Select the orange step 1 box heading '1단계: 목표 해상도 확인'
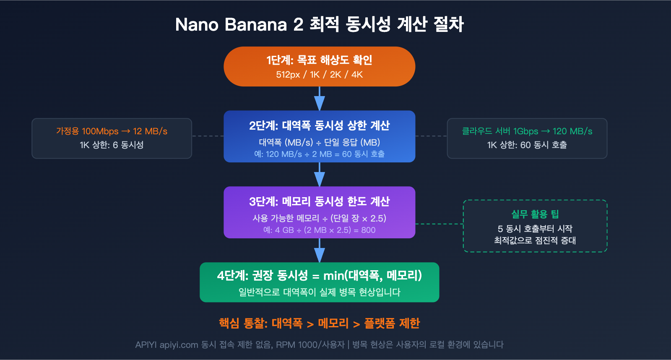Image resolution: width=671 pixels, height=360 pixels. point(319,60)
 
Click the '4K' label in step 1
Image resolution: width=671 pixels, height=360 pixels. point(357,75)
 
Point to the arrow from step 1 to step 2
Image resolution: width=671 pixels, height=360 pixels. point(320,99)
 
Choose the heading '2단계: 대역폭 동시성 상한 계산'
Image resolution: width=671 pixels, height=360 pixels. point(319,125)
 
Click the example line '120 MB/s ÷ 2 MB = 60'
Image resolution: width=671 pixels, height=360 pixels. point(319,154)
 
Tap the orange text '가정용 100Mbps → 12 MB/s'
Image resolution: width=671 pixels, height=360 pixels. point(112,131)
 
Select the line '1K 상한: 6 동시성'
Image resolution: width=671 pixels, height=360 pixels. point(112,145)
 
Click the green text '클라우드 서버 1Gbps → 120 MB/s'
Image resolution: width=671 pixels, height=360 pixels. point(527,131)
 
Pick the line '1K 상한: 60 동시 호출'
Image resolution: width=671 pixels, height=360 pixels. point(527,145)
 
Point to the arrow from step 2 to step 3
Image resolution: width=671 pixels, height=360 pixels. point(320,175)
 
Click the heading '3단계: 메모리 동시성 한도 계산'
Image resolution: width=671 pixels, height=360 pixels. point(319,201)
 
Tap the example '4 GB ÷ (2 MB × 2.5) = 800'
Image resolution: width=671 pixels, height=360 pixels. point(319,230)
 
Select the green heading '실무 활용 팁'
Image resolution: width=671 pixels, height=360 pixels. point(535,214)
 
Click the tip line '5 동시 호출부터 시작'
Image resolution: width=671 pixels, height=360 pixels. point(535,229)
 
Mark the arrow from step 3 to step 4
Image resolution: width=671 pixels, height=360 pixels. point(320,250)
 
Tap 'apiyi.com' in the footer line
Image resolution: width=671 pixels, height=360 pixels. point(179,345)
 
